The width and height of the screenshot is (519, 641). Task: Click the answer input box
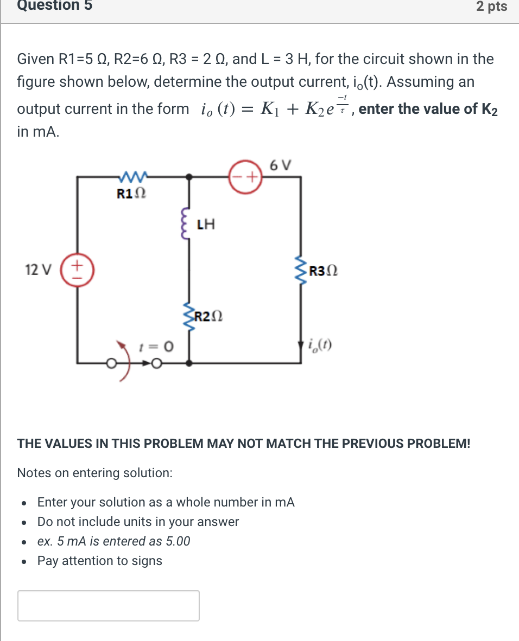coord(109,605)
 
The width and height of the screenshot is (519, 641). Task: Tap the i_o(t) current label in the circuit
coord(320,344)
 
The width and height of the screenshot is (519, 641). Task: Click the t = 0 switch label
coord(157,345)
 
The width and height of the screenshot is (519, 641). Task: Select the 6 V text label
coord(280,164)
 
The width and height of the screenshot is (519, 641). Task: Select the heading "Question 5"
coord(54,5)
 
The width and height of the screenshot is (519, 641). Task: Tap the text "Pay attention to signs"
coord(99,561)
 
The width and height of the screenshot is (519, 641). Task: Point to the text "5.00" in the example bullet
coord(176,541)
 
